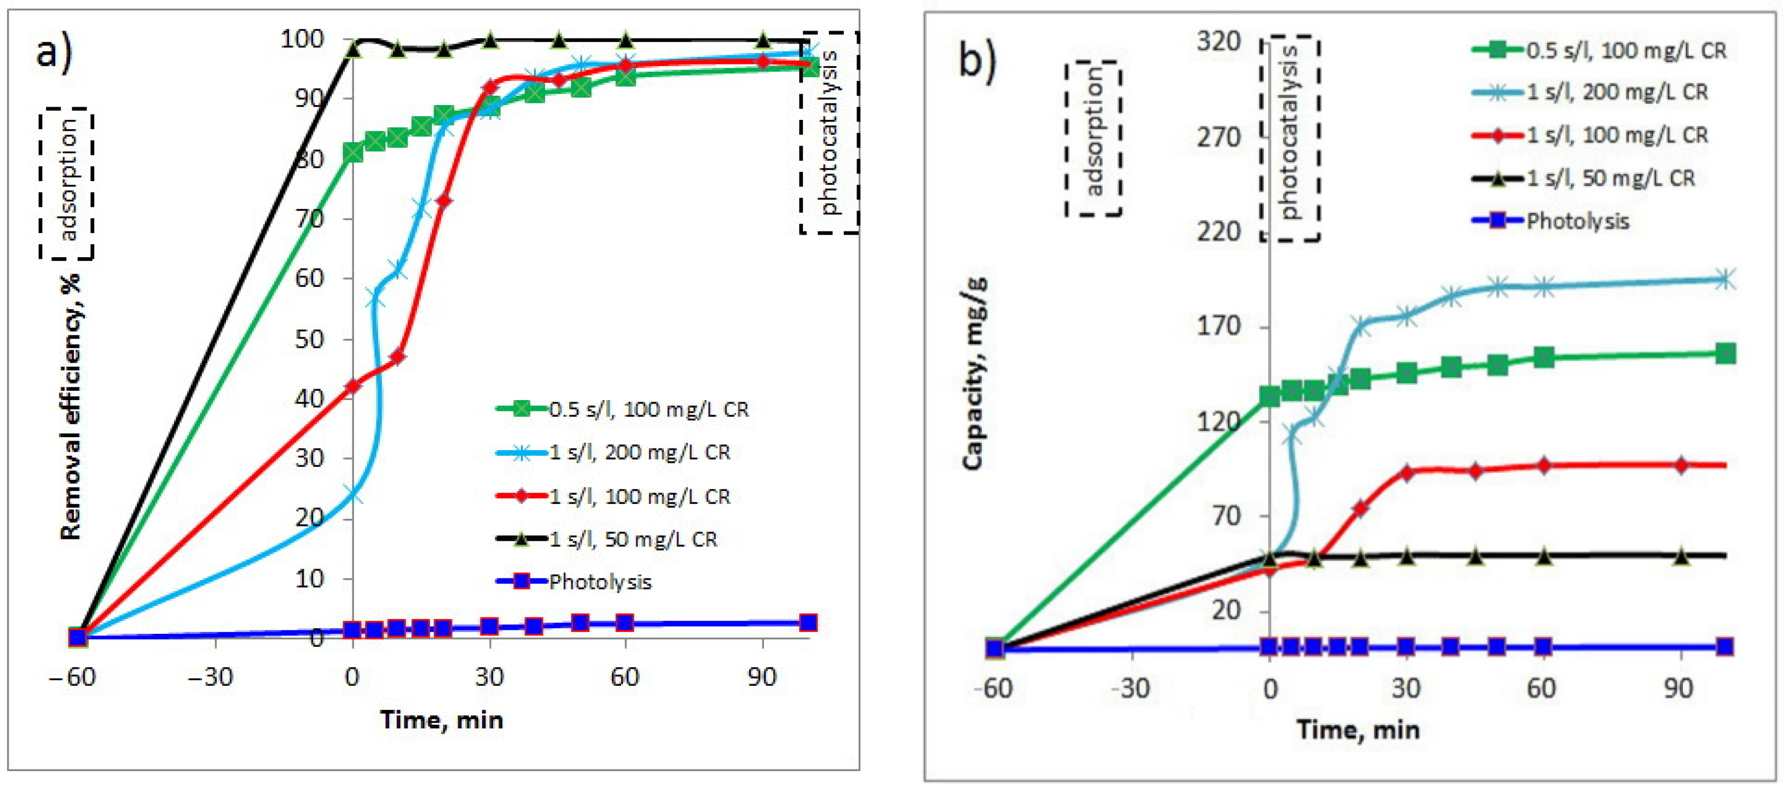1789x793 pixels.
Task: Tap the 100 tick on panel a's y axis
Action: click(302, 39)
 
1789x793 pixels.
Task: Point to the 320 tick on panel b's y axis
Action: click(1219, 42)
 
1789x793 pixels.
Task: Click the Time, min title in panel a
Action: click(442, 720)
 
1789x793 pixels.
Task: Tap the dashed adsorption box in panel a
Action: click(67, 183)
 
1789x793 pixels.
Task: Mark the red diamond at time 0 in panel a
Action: click(353, 385)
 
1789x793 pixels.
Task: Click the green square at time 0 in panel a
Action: click(353, 152)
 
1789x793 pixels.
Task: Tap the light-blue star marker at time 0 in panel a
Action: click(353, 496)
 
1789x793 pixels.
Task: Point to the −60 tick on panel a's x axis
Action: click(72, 676)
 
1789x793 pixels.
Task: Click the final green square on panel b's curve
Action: click(1725, 354)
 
